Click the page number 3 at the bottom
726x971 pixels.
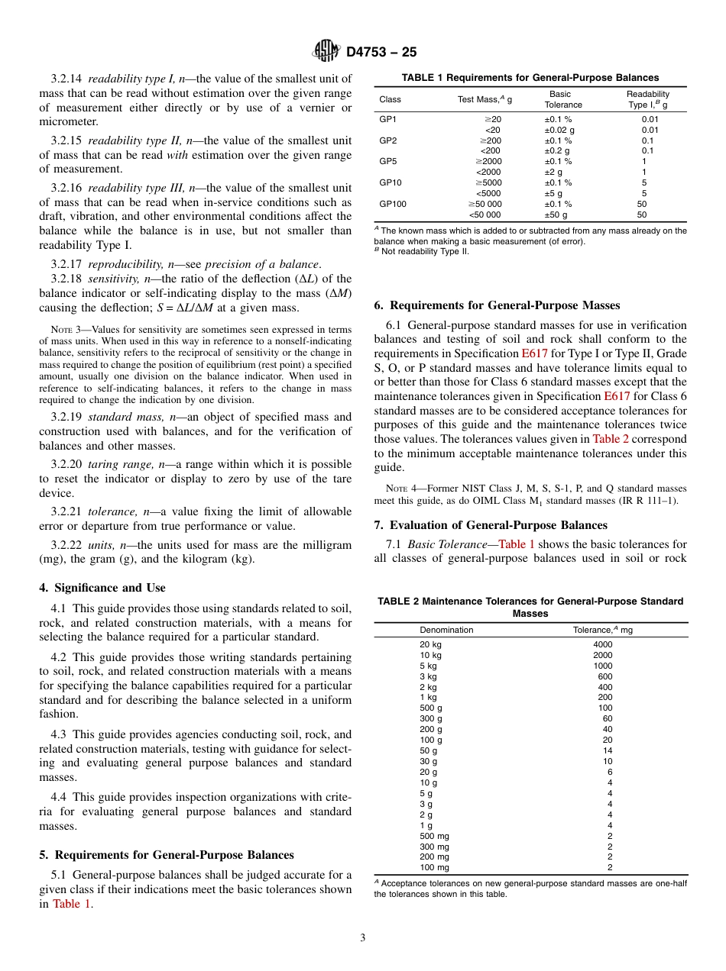[x=363, y=937]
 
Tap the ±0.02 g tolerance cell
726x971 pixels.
[x=559, y=130]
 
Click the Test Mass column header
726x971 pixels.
[x=485, y=99]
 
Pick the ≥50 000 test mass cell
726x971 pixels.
[x=485, y=204]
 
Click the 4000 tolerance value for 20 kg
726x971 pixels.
[x=602, y=644]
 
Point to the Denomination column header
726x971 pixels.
[x=446, y=630]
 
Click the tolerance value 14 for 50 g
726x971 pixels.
[x=608, y=750]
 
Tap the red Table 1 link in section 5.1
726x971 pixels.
[x=71, y=904]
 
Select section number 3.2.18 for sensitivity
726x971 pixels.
[x=66, y=279]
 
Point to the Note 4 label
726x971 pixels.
[x=390, y=489]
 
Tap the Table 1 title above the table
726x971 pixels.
[x=530, y=78]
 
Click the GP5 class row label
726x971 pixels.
[x=387, y=161]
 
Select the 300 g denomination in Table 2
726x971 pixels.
[x=430, y=718]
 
